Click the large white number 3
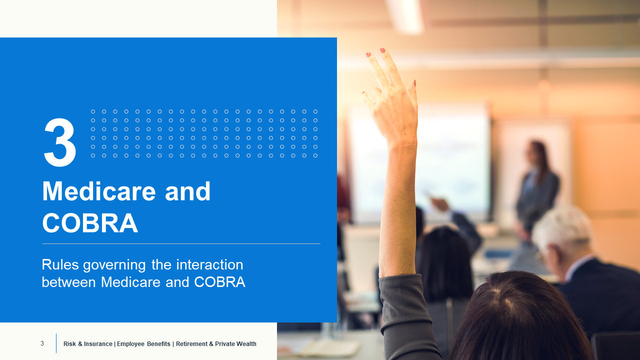coord(60,142)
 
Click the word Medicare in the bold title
coord(99,191)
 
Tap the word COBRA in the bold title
coord(90,223)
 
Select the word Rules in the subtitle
coord(60,264)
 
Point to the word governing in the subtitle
coord(114,265)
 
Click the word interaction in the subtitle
coord(209,264)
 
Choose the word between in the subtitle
coord(68,282)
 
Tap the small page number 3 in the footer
coord(42,343)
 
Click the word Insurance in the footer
coord(97,344)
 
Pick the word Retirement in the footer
coord(191,344)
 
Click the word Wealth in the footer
coord(246,344)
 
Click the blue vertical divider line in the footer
coord(56,343)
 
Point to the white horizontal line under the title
coord(181,243)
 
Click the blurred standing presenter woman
coord(537,188)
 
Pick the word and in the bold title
coord(187,191)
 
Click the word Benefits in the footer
coord(158,344)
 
